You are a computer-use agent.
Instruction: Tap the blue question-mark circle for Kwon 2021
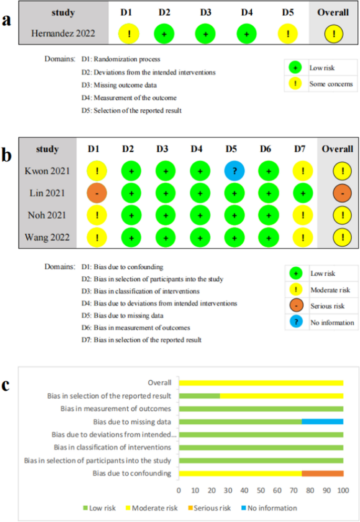tap(232, 171)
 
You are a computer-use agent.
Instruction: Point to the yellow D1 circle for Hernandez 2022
tap(129, 34)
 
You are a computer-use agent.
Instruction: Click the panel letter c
tap(6, 385)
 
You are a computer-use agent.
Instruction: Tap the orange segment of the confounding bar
tap(323, 474)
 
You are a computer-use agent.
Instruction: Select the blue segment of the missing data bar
tap(323, 422)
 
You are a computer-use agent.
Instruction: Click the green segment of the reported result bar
tap(199, 395)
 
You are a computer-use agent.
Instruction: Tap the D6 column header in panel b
tap(266, 149)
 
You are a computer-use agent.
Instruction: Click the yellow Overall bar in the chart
tap(261, 383)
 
